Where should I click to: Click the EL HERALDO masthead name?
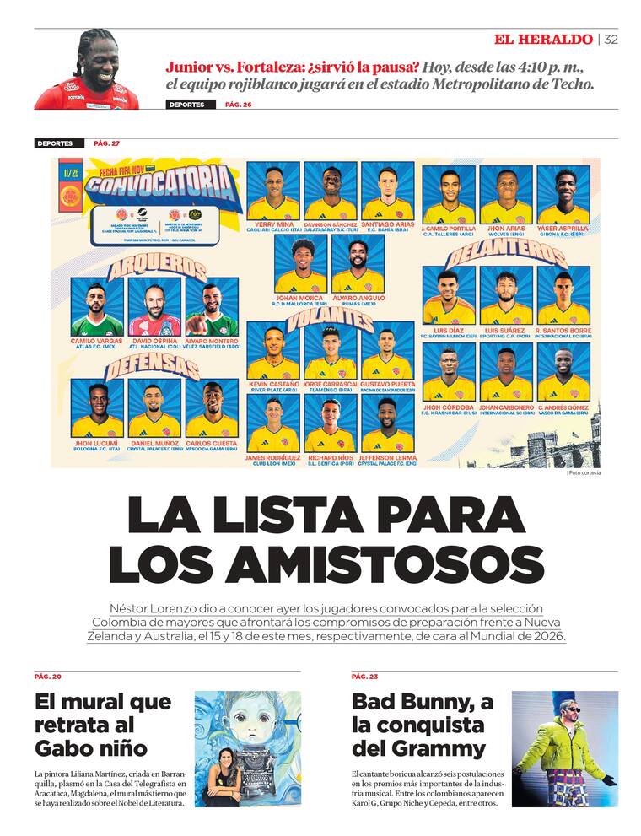[543, 40]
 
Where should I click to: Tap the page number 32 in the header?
[611, 40]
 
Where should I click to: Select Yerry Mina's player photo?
[273, 192]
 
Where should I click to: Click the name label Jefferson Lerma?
[387, 457]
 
